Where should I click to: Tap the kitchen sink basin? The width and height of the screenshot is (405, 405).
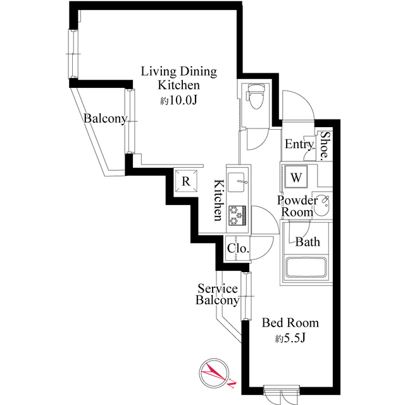click(x=236, y=182)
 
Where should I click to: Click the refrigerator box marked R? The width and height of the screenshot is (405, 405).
click(x=186, y=181)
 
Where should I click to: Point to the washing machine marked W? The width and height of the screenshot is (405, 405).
click(x=296, y=177)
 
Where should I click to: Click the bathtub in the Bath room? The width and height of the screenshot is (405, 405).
click(x=306, y=267)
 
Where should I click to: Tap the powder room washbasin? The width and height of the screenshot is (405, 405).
click(x=322, y=207)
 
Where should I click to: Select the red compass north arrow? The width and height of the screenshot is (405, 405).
click(x=213, y=374)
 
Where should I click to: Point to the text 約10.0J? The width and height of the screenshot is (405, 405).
click(x=178, y=101)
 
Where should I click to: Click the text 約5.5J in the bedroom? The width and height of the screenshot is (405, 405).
click(x=290, y=338)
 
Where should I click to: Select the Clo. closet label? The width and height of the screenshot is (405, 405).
click(x=238, y=249)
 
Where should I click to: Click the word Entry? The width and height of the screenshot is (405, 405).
click(x=299, y=144)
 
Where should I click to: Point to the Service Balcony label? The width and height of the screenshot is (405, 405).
click(x=217, y=294)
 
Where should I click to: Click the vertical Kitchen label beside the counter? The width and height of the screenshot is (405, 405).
click(x=218, y=200)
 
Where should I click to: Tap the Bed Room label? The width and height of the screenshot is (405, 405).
click(x=290, y=323)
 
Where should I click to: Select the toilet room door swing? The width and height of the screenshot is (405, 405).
click(x=258, y=139)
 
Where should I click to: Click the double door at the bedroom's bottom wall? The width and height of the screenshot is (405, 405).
click(x=281, y=396)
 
